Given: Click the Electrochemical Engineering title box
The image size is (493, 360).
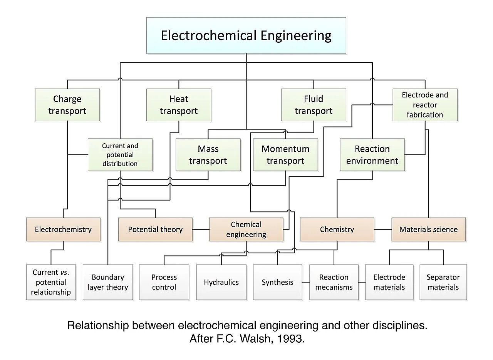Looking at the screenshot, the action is pyautogui.click(x=246, y=35).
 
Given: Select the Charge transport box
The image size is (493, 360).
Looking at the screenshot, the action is pyautogui.click(x=67, y=105).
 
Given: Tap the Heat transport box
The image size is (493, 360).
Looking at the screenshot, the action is pyautogui.click(x=179, y=105).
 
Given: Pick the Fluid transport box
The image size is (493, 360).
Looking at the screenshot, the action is pyautogui.click(x=314, y=105).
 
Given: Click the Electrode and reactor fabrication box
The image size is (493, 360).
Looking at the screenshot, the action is pyautogui.click(x=425, y=105).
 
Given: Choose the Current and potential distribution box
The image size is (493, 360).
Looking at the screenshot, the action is pyautogui.click(x=120, y=155).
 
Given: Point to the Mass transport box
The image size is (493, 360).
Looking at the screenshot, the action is pyautogui.click(x=208, y=155).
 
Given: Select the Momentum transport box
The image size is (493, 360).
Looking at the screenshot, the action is pyautogui.click(x=285, y=155).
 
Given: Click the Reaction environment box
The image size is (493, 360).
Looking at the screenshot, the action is pyautogui.click(x=372, y=155).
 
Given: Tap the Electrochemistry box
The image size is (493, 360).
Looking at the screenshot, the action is pyautogui.click(x=64, y=229).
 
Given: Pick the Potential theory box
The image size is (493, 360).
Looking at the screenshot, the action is pyautogui.click(x=155, y=229).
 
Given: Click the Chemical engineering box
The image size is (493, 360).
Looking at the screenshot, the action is pyautogui.click(x=246, y=229).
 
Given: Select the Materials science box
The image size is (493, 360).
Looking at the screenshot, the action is pyautogui.click(x=429, y=229).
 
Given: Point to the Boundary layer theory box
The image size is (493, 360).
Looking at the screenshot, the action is pyautogui.click(x=108, y=282).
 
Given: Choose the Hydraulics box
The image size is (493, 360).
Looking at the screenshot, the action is pyautogui.click(x=221, y=282).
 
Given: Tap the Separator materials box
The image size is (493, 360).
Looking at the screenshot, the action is pyautogui.click(x=443, y=282).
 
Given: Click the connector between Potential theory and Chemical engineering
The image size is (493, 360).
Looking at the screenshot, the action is pyautogui.click(x=201, y=229).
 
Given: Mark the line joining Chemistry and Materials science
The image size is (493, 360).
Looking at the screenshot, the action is pyautogui.click(x=383, y=229).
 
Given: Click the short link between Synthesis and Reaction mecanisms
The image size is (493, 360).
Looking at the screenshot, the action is pyautogui.click(x=306, y=282).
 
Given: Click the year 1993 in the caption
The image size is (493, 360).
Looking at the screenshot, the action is pyautogui.click(x=291, y=339).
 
